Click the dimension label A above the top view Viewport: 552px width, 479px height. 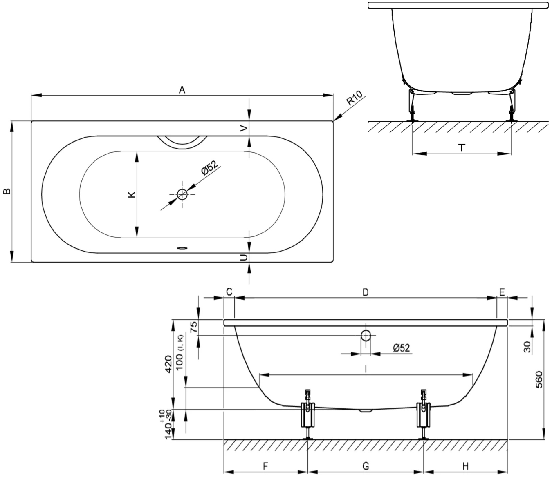pyautogui.click(x=182, y=90)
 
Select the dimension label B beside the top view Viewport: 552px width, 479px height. pyautogui.click(x=7, y=191)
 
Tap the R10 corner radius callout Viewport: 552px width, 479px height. pyautogui.click(x=355, y=99)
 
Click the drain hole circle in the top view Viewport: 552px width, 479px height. pyautogui.click(x=182, y=194)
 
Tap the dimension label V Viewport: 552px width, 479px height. pyautogui.click(x=244, y=128)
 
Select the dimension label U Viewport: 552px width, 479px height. pyautogui.click(x=244, y=257)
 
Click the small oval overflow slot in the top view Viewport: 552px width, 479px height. pyautogui.click(x=182, y=247)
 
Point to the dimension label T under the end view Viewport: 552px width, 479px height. pyautogui.click(x=462, y=148)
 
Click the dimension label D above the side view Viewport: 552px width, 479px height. pyautogui.click(x=366, y=292)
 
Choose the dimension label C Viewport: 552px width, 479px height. pyautogui.click(x=229, y=292)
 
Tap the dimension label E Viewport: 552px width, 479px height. pyautogui.click(x=502, y=292)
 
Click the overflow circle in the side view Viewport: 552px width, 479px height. pyautogui.click(x=366, y=336)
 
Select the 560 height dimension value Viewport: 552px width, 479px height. pyautogui.click(x=539, y=379)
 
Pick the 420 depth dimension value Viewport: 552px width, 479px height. pyautogui.click(x=168, y=363)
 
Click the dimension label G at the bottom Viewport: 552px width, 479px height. pyautogui.click(x=366, y=466)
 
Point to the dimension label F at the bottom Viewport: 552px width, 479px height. pyautogui.click(x=265, y=466)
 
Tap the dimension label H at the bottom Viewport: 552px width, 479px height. pyautogui.click(x=465, y=466)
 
